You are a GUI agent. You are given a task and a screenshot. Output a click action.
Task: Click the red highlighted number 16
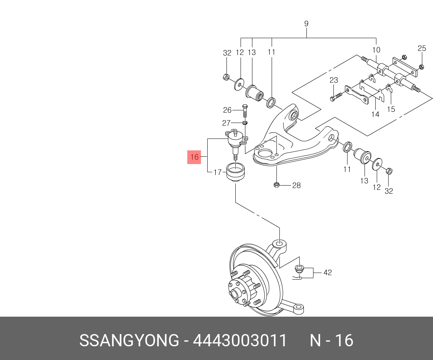pos(194,157)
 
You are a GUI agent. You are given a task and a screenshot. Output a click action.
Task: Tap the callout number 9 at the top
pos(306,24)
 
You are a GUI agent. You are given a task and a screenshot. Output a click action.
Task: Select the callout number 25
pos(422,49)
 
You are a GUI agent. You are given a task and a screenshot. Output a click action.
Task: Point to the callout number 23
pos(334,80)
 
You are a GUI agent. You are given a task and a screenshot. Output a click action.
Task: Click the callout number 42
pos(328,273)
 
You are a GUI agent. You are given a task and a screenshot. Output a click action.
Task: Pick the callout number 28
pos(296,186)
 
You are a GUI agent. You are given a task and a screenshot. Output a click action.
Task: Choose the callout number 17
pos(218,172)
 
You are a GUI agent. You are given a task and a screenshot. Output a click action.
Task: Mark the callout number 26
pos(227,110)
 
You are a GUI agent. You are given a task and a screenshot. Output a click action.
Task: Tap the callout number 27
pos(226,123)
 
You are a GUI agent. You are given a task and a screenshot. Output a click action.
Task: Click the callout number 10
pos(376,50)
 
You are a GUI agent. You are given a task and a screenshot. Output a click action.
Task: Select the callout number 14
pos(376,114)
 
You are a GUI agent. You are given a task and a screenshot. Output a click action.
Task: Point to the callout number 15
pos(391,109)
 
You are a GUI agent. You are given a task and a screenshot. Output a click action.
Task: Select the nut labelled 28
pos(276,185)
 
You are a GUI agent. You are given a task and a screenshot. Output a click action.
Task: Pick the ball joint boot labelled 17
pos(235,173)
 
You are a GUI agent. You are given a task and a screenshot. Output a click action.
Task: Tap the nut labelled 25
pos(422,67)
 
